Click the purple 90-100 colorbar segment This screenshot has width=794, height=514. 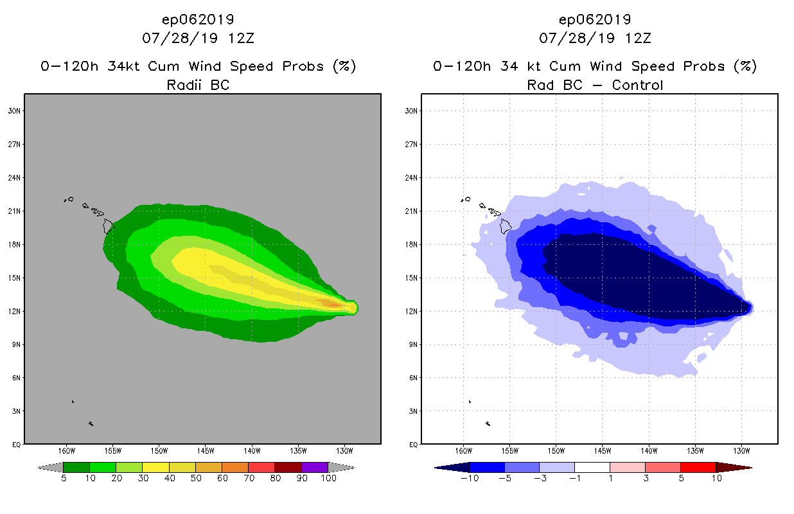coord(315,467)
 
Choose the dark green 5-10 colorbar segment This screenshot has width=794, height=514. coord(76,467)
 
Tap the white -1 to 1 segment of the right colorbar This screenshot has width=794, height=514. coord(592,467)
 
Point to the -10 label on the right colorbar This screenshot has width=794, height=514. coord(469,479)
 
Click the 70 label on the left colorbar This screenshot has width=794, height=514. coord(248,479)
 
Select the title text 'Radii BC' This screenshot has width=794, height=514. coord(198,85)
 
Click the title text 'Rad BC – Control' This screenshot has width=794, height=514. coord(595,85)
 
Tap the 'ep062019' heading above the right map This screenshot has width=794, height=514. coord(595,19)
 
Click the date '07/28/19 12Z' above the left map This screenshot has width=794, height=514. coord(198,38)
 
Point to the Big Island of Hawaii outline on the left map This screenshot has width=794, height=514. coord(108,226)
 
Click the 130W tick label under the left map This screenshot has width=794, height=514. coord(344,450)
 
